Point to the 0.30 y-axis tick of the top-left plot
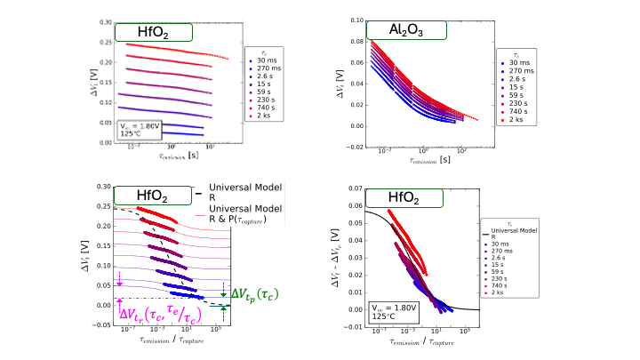click(107, 20)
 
